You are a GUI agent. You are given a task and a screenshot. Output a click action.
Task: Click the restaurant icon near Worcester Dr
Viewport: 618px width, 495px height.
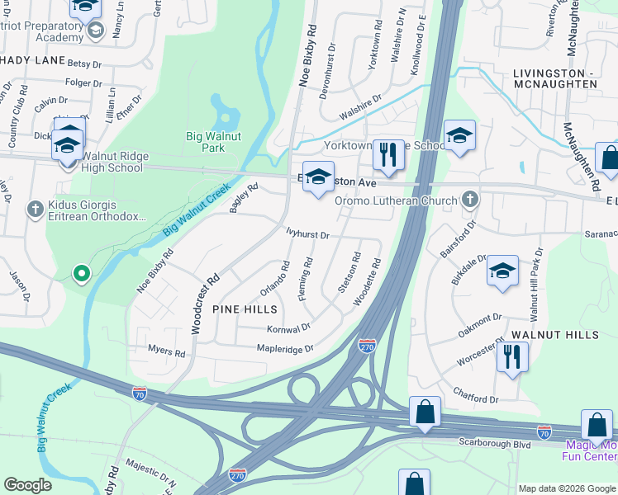coord(512,357)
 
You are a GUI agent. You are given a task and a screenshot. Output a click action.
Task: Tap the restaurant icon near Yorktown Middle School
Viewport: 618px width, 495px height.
coord(386,153)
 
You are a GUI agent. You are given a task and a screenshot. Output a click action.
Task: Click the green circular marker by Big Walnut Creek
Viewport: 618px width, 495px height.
coord(81,272)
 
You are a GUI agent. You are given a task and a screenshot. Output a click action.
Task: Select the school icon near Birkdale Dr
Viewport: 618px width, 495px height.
coord(502,271)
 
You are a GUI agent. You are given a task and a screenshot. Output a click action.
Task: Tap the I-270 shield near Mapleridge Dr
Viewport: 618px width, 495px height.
coord(368,345)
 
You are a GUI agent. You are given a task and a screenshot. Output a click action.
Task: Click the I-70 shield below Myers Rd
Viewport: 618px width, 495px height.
coord(140,394)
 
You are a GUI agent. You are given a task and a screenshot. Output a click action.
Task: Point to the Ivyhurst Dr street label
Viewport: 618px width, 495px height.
coord(307,234)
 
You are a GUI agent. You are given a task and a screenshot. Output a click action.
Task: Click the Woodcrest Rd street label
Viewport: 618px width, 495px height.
coord(206,304)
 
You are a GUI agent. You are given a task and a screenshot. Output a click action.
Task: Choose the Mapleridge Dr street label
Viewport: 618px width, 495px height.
coord(285,349)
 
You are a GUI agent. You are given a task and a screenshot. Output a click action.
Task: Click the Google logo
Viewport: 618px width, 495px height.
coord(28,485)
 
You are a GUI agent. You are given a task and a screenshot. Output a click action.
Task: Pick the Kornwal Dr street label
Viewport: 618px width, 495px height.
coord(288,328)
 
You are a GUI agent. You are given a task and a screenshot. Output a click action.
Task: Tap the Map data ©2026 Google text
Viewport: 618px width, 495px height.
coord(567,488)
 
